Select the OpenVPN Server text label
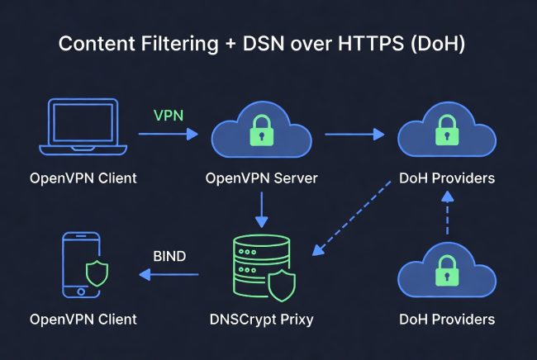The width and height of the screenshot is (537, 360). [261, 178]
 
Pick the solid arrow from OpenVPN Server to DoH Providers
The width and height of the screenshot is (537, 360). [355, 132]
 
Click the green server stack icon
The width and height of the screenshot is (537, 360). [258, 266]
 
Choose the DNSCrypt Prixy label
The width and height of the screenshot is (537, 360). [261, 320]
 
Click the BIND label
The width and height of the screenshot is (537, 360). [169, 257]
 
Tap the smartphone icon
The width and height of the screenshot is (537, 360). [82, 264]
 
